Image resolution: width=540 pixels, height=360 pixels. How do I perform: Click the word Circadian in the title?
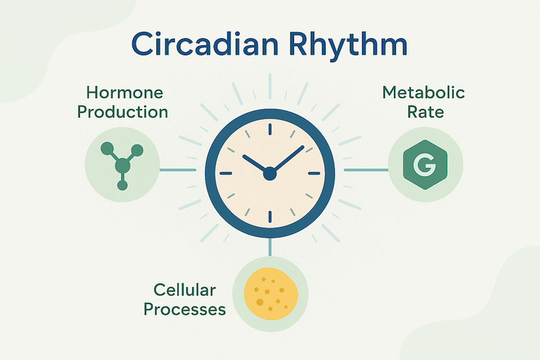tap(204, 44)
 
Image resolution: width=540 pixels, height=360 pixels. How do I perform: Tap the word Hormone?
tap(125, 93)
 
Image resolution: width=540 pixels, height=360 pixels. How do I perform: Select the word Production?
tap(123, 112)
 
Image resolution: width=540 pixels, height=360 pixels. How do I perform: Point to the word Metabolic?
tap(424, 93)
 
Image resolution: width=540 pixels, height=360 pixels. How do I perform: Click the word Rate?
tap(426, 112)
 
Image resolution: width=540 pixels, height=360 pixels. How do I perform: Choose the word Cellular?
tap(184, 290)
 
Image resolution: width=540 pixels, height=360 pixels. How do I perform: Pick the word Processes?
tap(184, 309)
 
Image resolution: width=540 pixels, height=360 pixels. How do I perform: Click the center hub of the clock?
tap(269, 173)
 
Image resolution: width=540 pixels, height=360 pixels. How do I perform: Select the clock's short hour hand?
tap(256, 164)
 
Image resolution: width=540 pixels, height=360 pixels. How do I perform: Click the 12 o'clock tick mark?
tap(269, 129)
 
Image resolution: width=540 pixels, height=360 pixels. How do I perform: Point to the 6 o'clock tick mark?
tap(269, 217)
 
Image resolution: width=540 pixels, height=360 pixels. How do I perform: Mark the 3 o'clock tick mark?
tap(314, 173)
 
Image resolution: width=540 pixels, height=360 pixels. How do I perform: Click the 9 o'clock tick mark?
tap(226, 173)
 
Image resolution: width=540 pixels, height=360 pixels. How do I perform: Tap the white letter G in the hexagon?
tap(424, 165)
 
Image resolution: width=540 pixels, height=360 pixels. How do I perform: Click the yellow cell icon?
tap(271, 294)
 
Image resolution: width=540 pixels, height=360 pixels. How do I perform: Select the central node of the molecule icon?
tap(123, 166)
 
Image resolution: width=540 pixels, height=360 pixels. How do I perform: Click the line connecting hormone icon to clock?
tap(178, 170)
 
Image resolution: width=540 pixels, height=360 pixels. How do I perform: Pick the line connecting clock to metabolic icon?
tap(366, 170)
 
